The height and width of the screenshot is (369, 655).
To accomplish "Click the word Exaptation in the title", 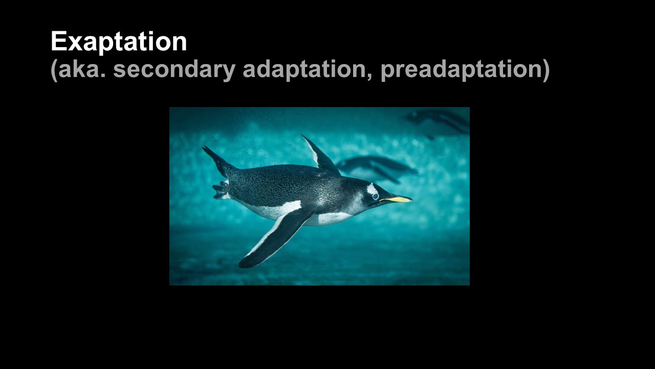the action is [119, 42].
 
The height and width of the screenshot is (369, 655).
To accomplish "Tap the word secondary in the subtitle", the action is [174, 70].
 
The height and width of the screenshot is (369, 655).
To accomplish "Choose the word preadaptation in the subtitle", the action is [462, 70].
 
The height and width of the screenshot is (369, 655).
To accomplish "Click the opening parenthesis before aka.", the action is [54, 70].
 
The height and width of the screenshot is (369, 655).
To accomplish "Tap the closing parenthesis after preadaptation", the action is [546, 70].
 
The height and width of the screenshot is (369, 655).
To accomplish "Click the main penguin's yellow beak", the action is [396, 199].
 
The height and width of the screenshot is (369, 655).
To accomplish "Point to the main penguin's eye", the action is [375, 196].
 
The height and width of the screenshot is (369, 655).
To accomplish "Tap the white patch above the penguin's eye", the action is [372, 189].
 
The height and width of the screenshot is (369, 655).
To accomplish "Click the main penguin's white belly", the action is [295, 214].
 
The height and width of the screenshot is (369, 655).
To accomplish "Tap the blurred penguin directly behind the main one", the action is [377, 169].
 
